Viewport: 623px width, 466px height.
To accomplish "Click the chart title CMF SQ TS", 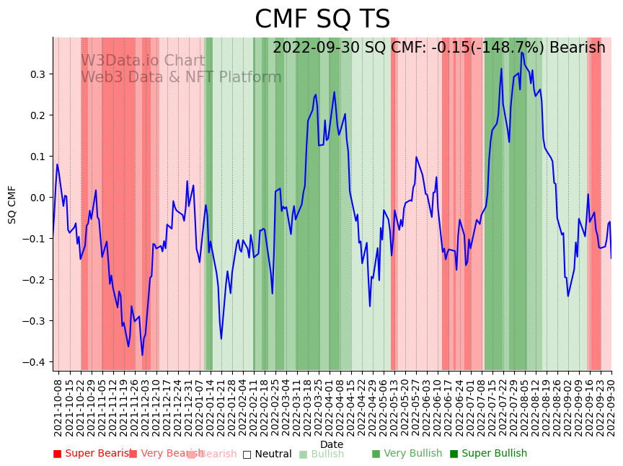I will [322, 19].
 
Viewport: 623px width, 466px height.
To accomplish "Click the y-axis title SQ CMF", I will [12, 204].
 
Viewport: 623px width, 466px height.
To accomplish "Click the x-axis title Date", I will [332, 444].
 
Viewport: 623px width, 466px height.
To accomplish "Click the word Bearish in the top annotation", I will [577, 48].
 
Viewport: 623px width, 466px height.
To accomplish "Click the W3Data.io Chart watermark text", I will [142, 61].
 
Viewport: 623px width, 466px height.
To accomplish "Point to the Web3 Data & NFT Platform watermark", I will [180, 77].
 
